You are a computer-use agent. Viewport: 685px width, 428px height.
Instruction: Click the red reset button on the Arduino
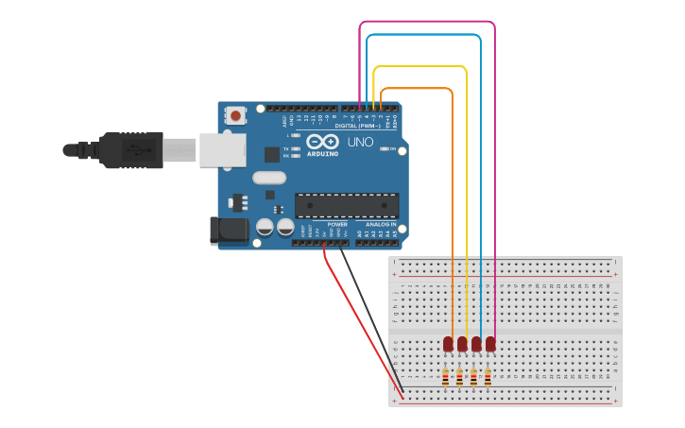click(x=235, y=115)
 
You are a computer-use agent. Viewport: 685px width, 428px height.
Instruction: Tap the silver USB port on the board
click(x=222, y=150)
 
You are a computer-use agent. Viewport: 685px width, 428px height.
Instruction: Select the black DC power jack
click(x=228, y=231)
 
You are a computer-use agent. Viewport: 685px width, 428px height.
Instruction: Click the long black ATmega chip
click(x=346, y=205)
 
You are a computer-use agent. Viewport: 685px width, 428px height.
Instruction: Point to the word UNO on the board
click(x=360, y=142)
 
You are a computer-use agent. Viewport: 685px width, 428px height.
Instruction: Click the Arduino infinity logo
click(x=322, y=141)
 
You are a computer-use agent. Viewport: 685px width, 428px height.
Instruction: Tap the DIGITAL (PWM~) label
click(x=357, y=126)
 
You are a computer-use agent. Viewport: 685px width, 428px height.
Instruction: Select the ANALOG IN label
click(x=381, y=224)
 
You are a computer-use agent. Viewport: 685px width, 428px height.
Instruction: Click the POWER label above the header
click(x=337, y=224)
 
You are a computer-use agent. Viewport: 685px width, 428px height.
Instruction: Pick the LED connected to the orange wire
click(x=448, y=344)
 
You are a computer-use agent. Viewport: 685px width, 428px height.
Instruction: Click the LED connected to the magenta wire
click(x=490, y=344)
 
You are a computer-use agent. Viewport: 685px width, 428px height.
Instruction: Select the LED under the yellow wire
click(x=462, y=344)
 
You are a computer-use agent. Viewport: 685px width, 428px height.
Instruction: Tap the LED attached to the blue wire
click(x=476, y=344)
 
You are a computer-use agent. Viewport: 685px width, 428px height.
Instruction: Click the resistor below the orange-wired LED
click(x=445, y=378)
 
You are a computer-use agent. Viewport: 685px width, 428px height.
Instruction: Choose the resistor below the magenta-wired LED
click(x=488, y=378)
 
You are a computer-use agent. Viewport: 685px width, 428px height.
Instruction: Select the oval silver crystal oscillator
click(x=269, y=177)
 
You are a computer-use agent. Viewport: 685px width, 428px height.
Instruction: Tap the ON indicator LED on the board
click(x=385, y=149)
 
